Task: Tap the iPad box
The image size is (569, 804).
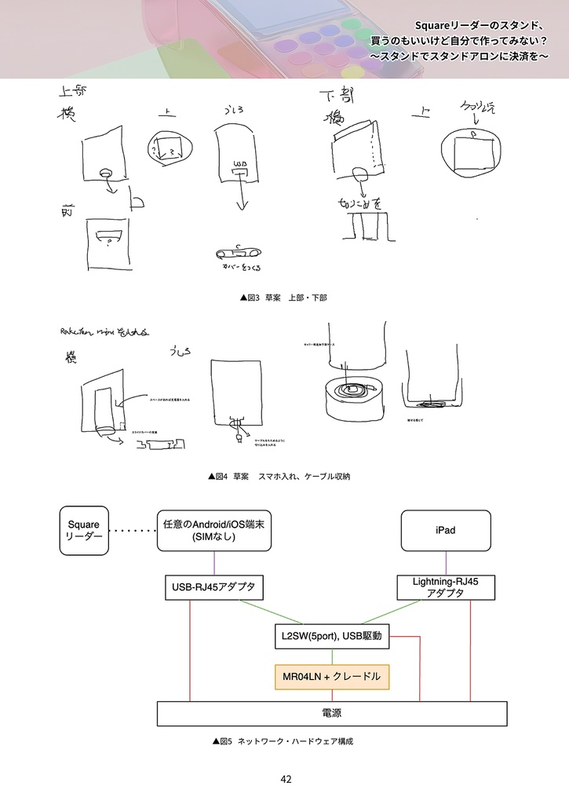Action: click(445, 530)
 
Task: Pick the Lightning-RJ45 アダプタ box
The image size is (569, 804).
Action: click(445, 587)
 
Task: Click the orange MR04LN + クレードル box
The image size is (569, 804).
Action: click(331, 676)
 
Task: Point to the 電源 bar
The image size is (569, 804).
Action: click(331, 714)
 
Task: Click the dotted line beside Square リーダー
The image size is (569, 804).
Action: click(133, 531)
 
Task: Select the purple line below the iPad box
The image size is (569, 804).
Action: click(446, 562)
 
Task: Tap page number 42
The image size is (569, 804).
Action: click(286, 780)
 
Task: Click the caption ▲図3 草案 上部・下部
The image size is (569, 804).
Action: click(283, 298)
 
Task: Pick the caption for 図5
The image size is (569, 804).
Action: click(283, 740)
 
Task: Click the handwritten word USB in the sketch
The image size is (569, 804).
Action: click(239, 163)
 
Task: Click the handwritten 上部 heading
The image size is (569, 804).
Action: click(73, 92)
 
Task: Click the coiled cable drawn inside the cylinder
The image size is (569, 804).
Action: click(352, 389)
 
